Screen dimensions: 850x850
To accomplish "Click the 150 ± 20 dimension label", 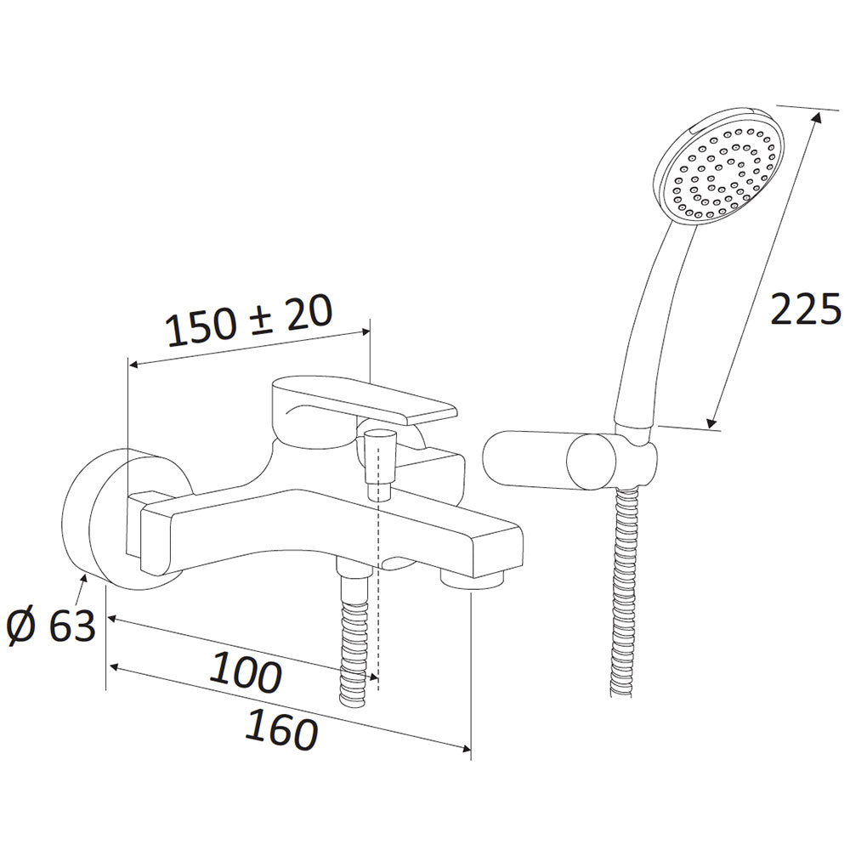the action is (249, 321).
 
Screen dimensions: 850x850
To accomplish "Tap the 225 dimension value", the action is (806, 309).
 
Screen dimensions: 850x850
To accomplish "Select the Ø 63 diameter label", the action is (52, 627).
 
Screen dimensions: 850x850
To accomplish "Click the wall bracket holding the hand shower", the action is (569, 462).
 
